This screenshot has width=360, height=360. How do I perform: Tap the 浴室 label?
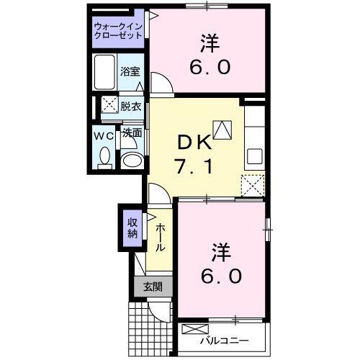[130, 72]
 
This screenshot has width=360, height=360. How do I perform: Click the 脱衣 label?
[130, 105]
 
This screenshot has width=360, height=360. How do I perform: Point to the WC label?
[102, 135]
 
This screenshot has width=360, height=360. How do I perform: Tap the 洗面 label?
[130, 132]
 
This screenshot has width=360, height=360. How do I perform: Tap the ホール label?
[161, 236]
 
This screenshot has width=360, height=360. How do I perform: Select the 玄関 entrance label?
[152, 286]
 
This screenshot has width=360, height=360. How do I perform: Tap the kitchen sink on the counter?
[254, 156]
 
